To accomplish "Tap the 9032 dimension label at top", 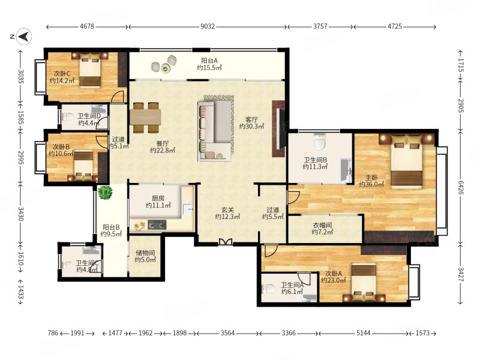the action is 208,26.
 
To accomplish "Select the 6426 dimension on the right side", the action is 461,187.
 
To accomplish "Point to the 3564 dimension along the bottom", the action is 227,333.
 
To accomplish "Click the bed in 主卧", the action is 407,161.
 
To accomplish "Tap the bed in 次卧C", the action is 91,70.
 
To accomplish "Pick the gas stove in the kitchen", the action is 157,224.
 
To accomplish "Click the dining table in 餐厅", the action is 145,118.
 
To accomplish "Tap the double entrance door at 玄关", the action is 226,242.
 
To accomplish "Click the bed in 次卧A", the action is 364,282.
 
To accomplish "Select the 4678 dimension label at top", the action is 87,26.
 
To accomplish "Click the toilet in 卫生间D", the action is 68,116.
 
